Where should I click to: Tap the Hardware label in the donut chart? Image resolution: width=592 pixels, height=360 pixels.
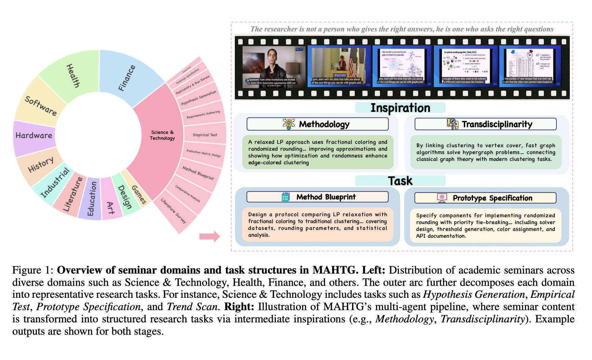point(34,136)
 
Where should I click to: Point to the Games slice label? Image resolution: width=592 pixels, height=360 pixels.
point(139,194)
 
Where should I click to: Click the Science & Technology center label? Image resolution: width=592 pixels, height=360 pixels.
point(162,135)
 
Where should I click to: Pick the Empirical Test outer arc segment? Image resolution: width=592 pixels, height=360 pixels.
point(205,135)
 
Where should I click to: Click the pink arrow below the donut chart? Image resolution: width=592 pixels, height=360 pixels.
point(210,236)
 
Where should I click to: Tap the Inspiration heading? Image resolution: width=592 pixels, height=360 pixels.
point(400,108)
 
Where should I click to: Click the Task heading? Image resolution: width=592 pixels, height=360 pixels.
point(400,181)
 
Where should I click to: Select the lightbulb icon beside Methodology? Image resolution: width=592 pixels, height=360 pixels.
point(289,124)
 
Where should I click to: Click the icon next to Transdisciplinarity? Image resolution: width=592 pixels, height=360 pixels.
point(453,124)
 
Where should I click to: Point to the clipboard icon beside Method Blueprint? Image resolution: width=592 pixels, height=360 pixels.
point(285,197)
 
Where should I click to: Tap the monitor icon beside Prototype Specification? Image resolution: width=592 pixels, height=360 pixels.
point(442,198)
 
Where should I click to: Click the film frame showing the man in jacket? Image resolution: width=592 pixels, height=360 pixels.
point(274,67)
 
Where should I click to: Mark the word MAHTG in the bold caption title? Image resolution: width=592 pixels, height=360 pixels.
point(335,270)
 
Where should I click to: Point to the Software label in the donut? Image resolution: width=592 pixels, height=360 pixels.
point(41,106)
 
